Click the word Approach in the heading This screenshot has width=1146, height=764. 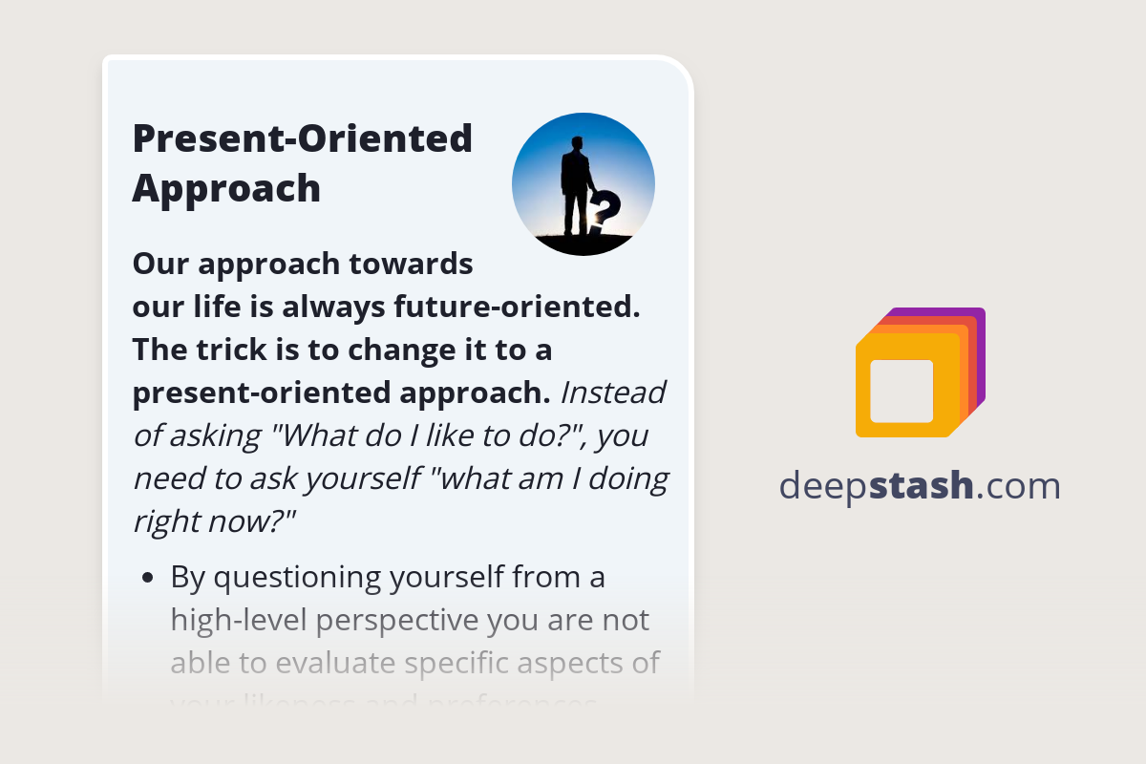pos(226,188)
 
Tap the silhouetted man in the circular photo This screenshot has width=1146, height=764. pos(575,186)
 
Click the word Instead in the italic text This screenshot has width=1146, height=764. pos(613,393)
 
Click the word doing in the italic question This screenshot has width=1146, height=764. pos(626,478)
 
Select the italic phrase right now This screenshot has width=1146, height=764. pos(215,521)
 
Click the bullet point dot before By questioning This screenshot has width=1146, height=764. pos(147,578)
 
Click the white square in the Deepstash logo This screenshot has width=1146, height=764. pos(902,391)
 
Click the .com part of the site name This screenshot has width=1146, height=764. pos(1019,486)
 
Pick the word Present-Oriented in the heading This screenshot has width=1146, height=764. pos(303,139)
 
